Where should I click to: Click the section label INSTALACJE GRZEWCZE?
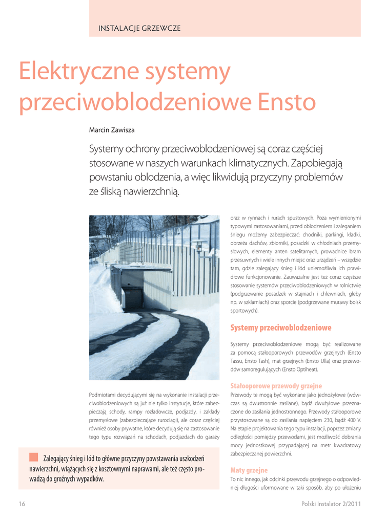click(139, 28)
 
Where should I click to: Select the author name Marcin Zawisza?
click(112, 130)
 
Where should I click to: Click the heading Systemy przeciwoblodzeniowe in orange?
click(281, 327)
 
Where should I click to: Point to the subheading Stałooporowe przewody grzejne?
click(276, 385)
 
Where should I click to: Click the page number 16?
click(22, 504)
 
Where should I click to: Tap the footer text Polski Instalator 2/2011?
click(331, 504)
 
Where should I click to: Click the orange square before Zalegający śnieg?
click(34, 456)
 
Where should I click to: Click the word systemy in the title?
click(188, 73)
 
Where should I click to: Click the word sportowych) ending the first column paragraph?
click(245, 311)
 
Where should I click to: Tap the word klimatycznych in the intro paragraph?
click(251, 163)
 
